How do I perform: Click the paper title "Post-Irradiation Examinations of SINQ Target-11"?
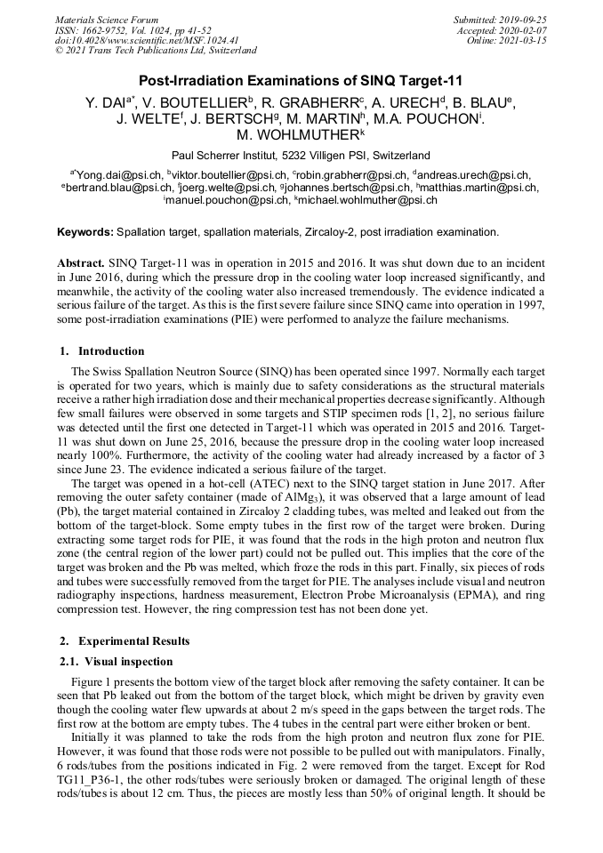[301, 81]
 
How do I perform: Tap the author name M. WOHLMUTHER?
[300, 136]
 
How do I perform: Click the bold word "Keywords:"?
[85, 232]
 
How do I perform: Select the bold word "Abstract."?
[82, 264]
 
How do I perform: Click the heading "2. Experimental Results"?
[129, 640]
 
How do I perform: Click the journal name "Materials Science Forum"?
[107, 20]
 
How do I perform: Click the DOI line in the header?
[147, 40]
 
